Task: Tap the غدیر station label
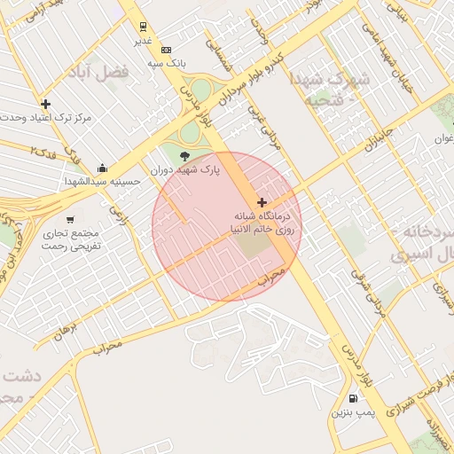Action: coord(144,41)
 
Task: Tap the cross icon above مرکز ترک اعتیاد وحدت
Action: coord(46,104)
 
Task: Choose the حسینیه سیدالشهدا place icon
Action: coord(104,168)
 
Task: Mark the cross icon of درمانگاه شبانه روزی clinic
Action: coord(261,203)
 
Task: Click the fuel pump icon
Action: coord(354,399)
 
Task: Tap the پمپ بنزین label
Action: coord(354,413)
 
